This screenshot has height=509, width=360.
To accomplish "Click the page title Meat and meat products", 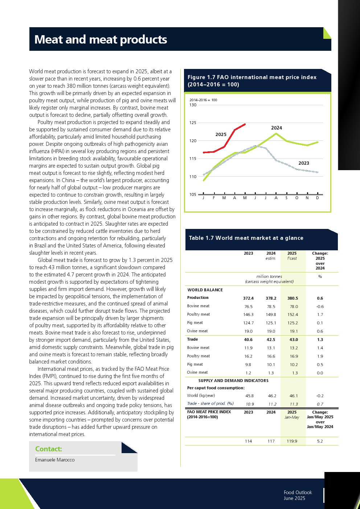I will click(x=101, y=40).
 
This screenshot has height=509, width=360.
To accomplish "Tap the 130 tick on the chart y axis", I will click(x=193, y=105).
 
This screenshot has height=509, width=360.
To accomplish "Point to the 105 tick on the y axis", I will click(x=193, y=194).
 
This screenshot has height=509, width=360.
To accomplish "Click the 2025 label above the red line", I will click(x=221, y=135).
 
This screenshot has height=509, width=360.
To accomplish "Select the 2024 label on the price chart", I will click(x=277, y=128).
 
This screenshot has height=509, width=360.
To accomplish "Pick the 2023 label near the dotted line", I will click(x=304, y=163).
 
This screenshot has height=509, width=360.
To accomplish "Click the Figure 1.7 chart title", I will click(x=252, y=81).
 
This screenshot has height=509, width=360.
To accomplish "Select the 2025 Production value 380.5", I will click(x=292, y=298).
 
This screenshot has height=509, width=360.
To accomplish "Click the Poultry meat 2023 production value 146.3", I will click(x=249, y=315).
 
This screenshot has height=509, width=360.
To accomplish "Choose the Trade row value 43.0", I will click(x=294, y=340).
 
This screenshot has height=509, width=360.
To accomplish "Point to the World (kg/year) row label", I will click(x=201, y=396).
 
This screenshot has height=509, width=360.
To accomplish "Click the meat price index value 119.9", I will click(x=292, y=441).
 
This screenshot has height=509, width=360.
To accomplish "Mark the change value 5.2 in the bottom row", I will click(x=320, y=441).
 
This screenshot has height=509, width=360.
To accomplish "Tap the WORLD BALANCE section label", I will click(x=205, y=290).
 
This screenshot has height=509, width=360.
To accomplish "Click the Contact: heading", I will click(x=49, y=449).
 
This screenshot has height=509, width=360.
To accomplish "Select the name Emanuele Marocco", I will click(x=55, y=460).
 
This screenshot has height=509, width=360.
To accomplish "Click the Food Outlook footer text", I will click(x=298, y=492).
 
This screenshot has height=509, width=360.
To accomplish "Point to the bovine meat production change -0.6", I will click(x=320, y=307).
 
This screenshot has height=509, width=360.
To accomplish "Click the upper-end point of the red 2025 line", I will click(x=245, y=124).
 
